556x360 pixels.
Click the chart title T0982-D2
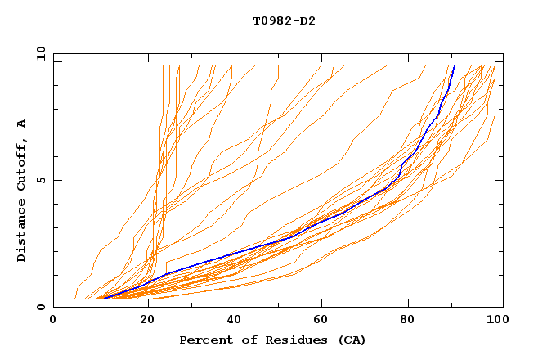click(284, 20)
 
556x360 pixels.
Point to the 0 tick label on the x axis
click(53, 321)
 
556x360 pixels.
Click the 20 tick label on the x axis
click(147, 321)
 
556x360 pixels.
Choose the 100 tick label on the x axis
click(495, 321)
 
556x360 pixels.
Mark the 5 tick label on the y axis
click(43, 180)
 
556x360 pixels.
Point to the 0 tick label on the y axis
click(43, 307)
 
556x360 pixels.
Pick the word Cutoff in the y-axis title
click(22, 162)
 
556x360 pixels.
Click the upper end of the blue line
click(454, 66)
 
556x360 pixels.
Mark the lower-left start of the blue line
click(104, 299)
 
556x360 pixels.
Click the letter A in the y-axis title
click(22, 124)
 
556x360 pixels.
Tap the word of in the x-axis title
click(241, 340)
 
